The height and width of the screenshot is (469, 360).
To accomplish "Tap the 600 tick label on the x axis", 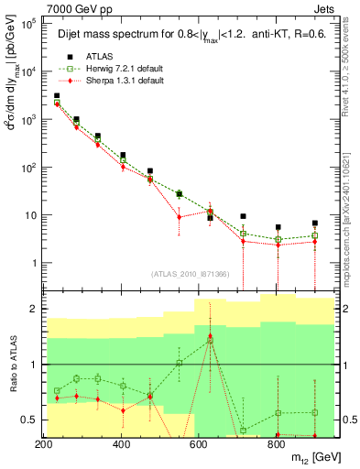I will point(199,444).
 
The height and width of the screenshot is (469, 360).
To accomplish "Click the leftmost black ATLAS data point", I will point(57,95).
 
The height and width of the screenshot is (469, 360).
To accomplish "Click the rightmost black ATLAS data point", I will point(314,223).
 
